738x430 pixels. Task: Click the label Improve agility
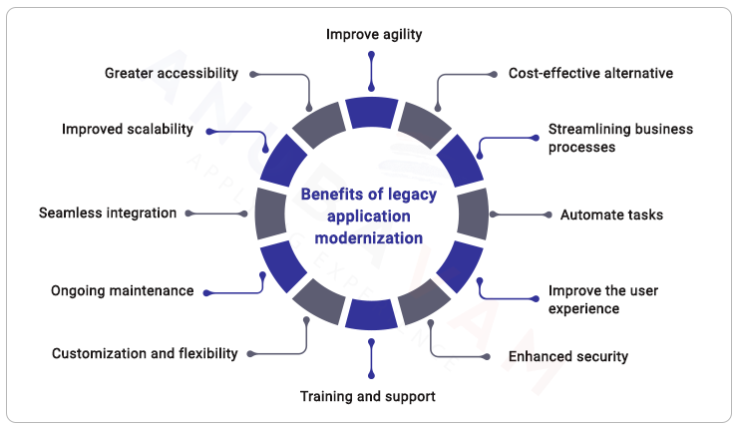[x=374, y=34]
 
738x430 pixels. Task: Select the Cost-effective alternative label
[x=590, y=73]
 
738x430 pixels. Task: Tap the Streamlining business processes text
[x=620, y=138]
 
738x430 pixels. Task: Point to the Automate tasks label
[x=611, y=215]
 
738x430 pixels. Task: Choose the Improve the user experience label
[x=602, y=299]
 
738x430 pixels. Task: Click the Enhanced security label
[x=568, y=356]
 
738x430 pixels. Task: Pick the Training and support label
[x=368, y=396]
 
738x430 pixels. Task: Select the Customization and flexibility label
[x=145, y=353]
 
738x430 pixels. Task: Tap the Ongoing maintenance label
[x=122, y=291]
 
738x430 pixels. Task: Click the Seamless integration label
[x=107, y=213]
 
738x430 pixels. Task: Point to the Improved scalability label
[x=127, y=130]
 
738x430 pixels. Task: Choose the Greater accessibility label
[x=172, y=73]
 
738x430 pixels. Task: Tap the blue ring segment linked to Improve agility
[x=372, y=112]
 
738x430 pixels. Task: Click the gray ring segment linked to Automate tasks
[x=474, y=214]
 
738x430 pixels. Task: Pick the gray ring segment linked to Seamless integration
[x=269, y=214]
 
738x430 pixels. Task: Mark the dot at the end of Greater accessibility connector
[x=253, y=73]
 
